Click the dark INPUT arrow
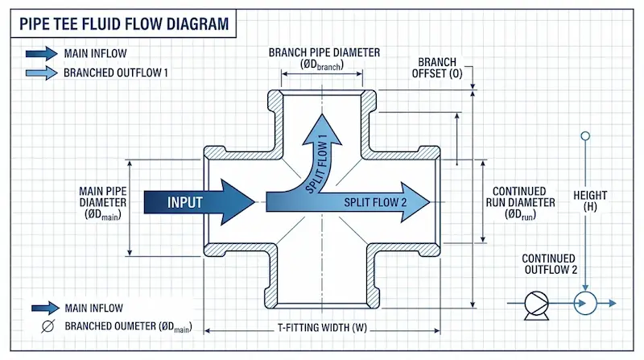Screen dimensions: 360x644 click(x=197, y=201)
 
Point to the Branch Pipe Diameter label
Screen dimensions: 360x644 click(x=324, y=59)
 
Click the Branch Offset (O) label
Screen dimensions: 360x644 click(x=438, y=69)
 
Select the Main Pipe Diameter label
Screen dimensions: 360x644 click(x=101, y=203)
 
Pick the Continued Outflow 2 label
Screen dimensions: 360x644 click(x=550, y=263)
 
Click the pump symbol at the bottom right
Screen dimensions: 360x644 click(x=532, y=303)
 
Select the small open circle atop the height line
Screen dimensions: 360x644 click(x=585, y=137)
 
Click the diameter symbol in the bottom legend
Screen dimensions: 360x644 click(x=47, y=326)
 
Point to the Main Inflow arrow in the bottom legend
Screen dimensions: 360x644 click(x=45, y=307)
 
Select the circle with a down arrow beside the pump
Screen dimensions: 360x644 click(x=584, y=303)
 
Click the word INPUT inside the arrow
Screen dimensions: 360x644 click(x=186, y=201)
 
